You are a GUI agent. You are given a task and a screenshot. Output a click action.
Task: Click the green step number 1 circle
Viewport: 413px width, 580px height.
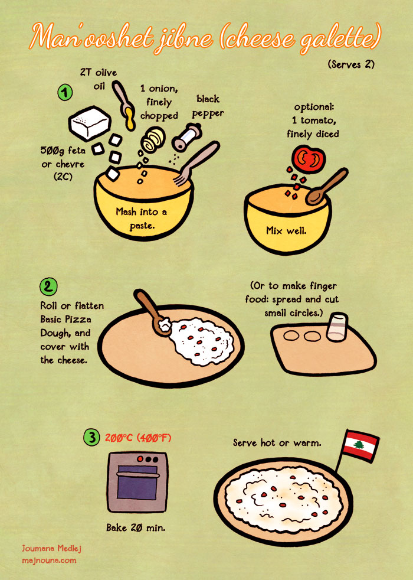(x=65, y=92)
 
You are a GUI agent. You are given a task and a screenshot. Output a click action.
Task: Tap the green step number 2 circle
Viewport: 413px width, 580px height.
(x=48, y=286)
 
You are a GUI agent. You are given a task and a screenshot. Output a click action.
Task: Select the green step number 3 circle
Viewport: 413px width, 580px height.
(x=91, y=437)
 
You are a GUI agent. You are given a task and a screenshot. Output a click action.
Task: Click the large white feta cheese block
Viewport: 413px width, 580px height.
(x=90, y=123)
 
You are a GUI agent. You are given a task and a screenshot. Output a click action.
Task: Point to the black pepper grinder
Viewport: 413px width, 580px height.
(x=186, y=137)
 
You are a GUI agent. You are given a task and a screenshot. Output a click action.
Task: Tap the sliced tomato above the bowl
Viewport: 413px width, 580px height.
(x=309, y=159)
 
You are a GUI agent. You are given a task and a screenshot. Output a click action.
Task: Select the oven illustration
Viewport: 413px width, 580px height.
(x=137, y=481)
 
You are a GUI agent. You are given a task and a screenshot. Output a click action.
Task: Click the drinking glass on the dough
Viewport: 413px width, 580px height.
(x=337, y=327)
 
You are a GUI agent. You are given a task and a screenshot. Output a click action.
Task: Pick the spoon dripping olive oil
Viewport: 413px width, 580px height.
(x=124, y=105)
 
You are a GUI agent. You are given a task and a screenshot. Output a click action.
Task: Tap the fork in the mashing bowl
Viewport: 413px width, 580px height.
(x=196, y=163)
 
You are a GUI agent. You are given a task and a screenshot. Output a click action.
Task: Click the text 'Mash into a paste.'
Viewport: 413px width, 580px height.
(x=142, y=219)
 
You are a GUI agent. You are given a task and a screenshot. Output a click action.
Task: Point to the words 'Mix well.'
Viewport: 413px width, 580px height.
(x=286, y=231)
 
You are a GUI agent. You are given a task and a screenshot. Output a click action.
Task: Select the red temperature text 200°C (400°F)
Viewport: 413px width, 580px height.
(x=138, y=438)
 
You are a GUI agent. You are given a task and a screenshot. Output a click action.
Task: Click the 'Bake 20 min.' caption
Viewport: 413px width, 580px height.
(x=136, y=527)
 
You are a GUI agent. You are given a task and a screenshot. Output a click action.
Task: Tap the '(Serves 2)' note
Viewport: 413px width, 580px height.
(x=351, y=64)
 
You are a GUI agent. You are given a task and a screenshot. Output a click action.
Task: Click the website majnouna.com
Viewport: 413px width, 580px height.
(x=49, y=561)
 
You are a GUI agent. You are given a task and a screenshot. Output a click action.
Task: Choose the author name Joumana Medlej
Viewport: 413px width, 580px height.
(x=51, y=548)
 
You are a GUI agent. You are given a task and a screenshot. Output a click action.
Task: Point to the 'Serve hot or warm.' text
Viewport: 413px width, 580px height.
(x=277, y=442)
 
